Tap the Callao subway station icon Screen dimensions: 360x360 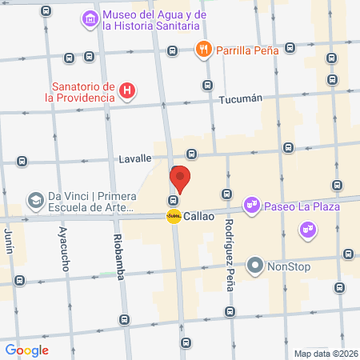173,216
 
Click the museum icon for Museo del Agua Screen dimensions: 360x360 90,18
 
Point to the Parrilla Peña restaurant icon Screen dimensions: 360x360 204,50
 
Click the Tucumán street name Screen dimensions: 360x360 240,99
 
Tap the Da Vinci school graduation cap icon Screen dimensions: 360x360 35,198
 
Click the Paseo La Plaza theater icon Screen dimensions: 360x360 253,206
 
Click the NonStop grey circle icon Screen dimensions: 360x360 255,264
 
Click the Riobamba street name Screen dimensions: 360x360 118,257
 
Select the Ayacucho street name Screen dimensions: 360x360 63,257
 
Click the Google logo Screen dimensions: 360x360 26,350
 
